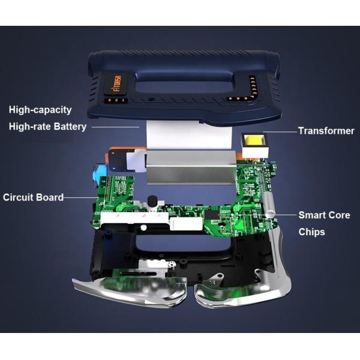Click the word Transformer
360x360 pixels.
click(326, 130)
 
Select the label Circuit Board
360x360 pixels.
click(34, 197)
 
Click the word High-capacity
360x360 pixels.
click(40, 110)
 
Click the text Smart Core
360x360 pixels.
click(324, 215)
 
